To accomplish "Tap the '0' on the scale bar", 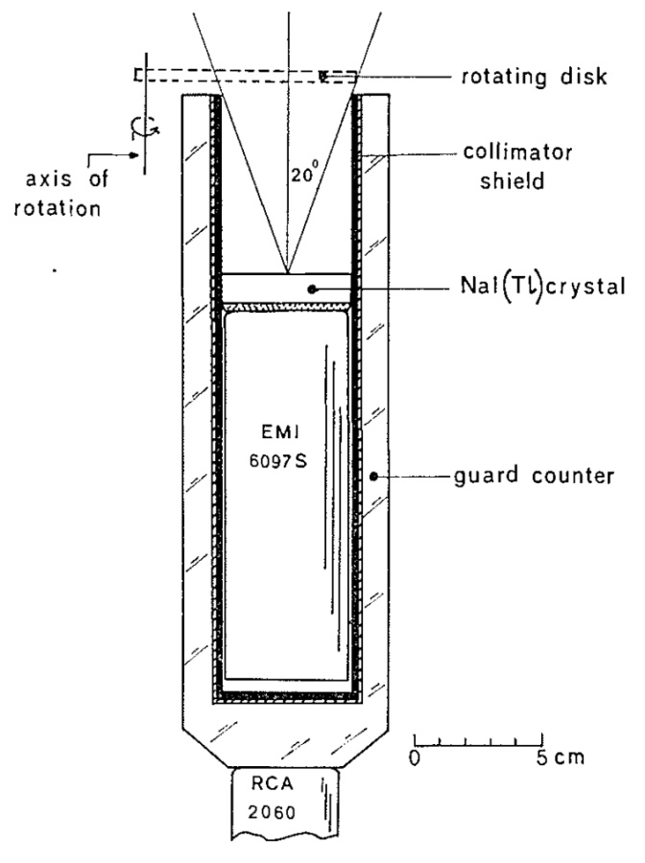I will (415, 756).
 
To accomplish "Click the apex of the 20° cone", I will (286, 273).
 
